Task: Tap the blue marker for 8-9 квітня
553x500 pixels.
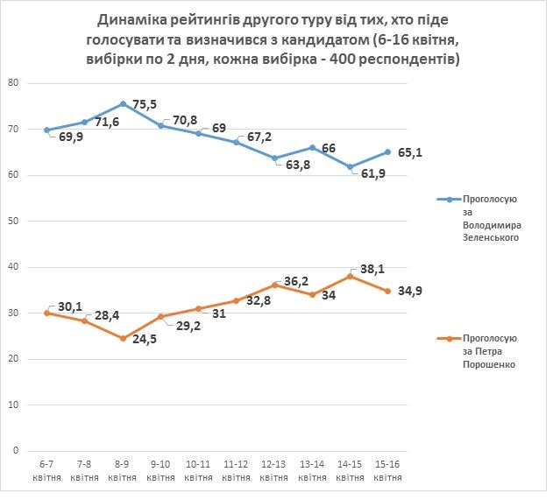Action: coord(122,104)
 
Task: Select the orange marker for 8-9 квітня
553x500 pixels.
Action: coord(122,338)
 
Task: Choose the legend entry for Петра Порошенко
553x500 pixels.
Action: coord(486,351)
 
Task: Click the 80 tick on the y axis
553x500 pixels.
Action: coord(13,83)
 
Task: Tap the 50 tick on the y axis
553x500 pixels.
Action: coord(13,221)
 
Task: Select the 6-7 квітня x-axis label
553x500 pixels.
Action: coord(46,471)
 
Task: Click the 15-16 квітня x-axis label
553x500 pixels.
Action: coord(387,471)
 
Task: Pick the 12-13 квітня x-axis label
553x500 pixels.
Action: coord(273,471)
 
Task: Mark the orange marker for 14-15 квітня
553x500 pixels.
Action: coord(350,276)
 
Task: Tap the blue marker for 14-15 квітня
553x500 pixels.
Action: coord(350,166)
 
